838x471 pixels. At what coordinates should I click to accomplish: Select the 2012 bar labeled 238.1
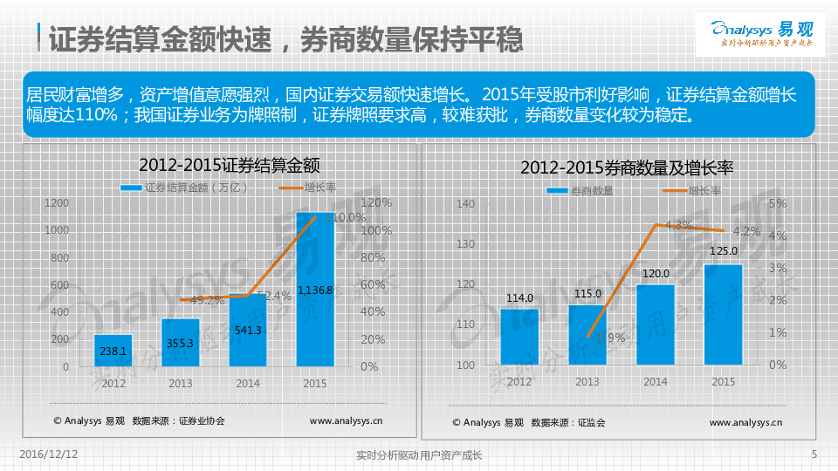[x=113, y=350]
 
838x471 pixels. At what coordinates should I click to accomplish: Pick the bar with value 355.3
[x=181, y=342]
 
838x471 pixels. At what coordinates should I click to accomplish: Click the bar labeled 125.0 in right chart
[x=724, y=314]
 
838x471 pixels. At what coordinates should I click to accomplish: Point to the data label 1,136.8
[x=315, y=290]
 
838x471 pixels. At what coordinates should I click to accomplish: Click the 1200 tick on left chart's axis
[x=57, y=203]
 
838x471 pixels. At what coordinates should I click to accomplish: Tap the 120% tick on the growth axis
[x=376, y=203]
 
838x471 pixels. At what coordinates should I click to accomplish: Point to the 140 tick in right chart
[x=464, y=204]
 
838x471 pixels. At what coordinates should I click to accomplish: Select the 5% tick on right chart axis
[x=778, y=204]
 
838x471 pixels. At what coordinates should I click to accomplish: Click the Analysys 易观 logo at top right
[x=762, y=32]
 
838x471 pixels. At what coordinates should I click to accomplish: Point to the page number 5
[x=814, y=454]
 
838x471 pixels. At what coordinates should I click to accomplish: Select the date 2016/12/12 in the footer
[x=49, y=454]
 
